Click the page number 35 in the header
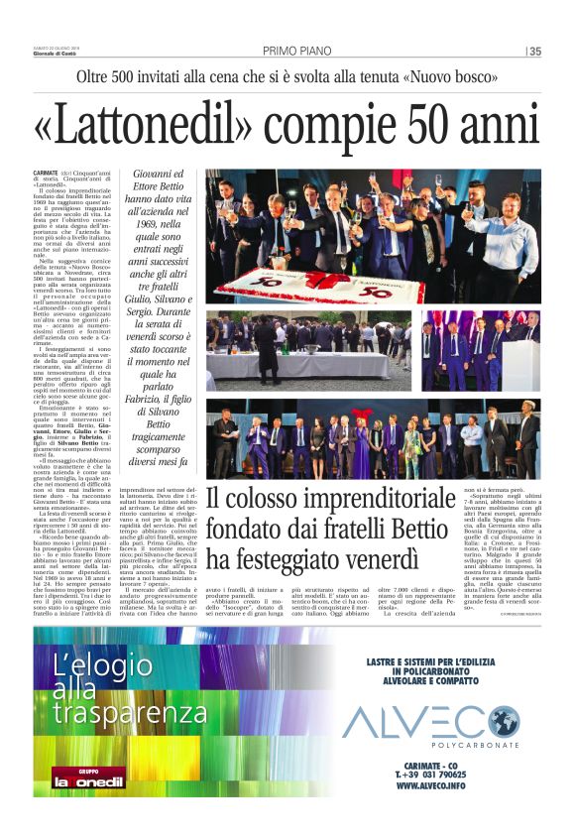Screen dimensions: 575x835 [535, 52]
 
